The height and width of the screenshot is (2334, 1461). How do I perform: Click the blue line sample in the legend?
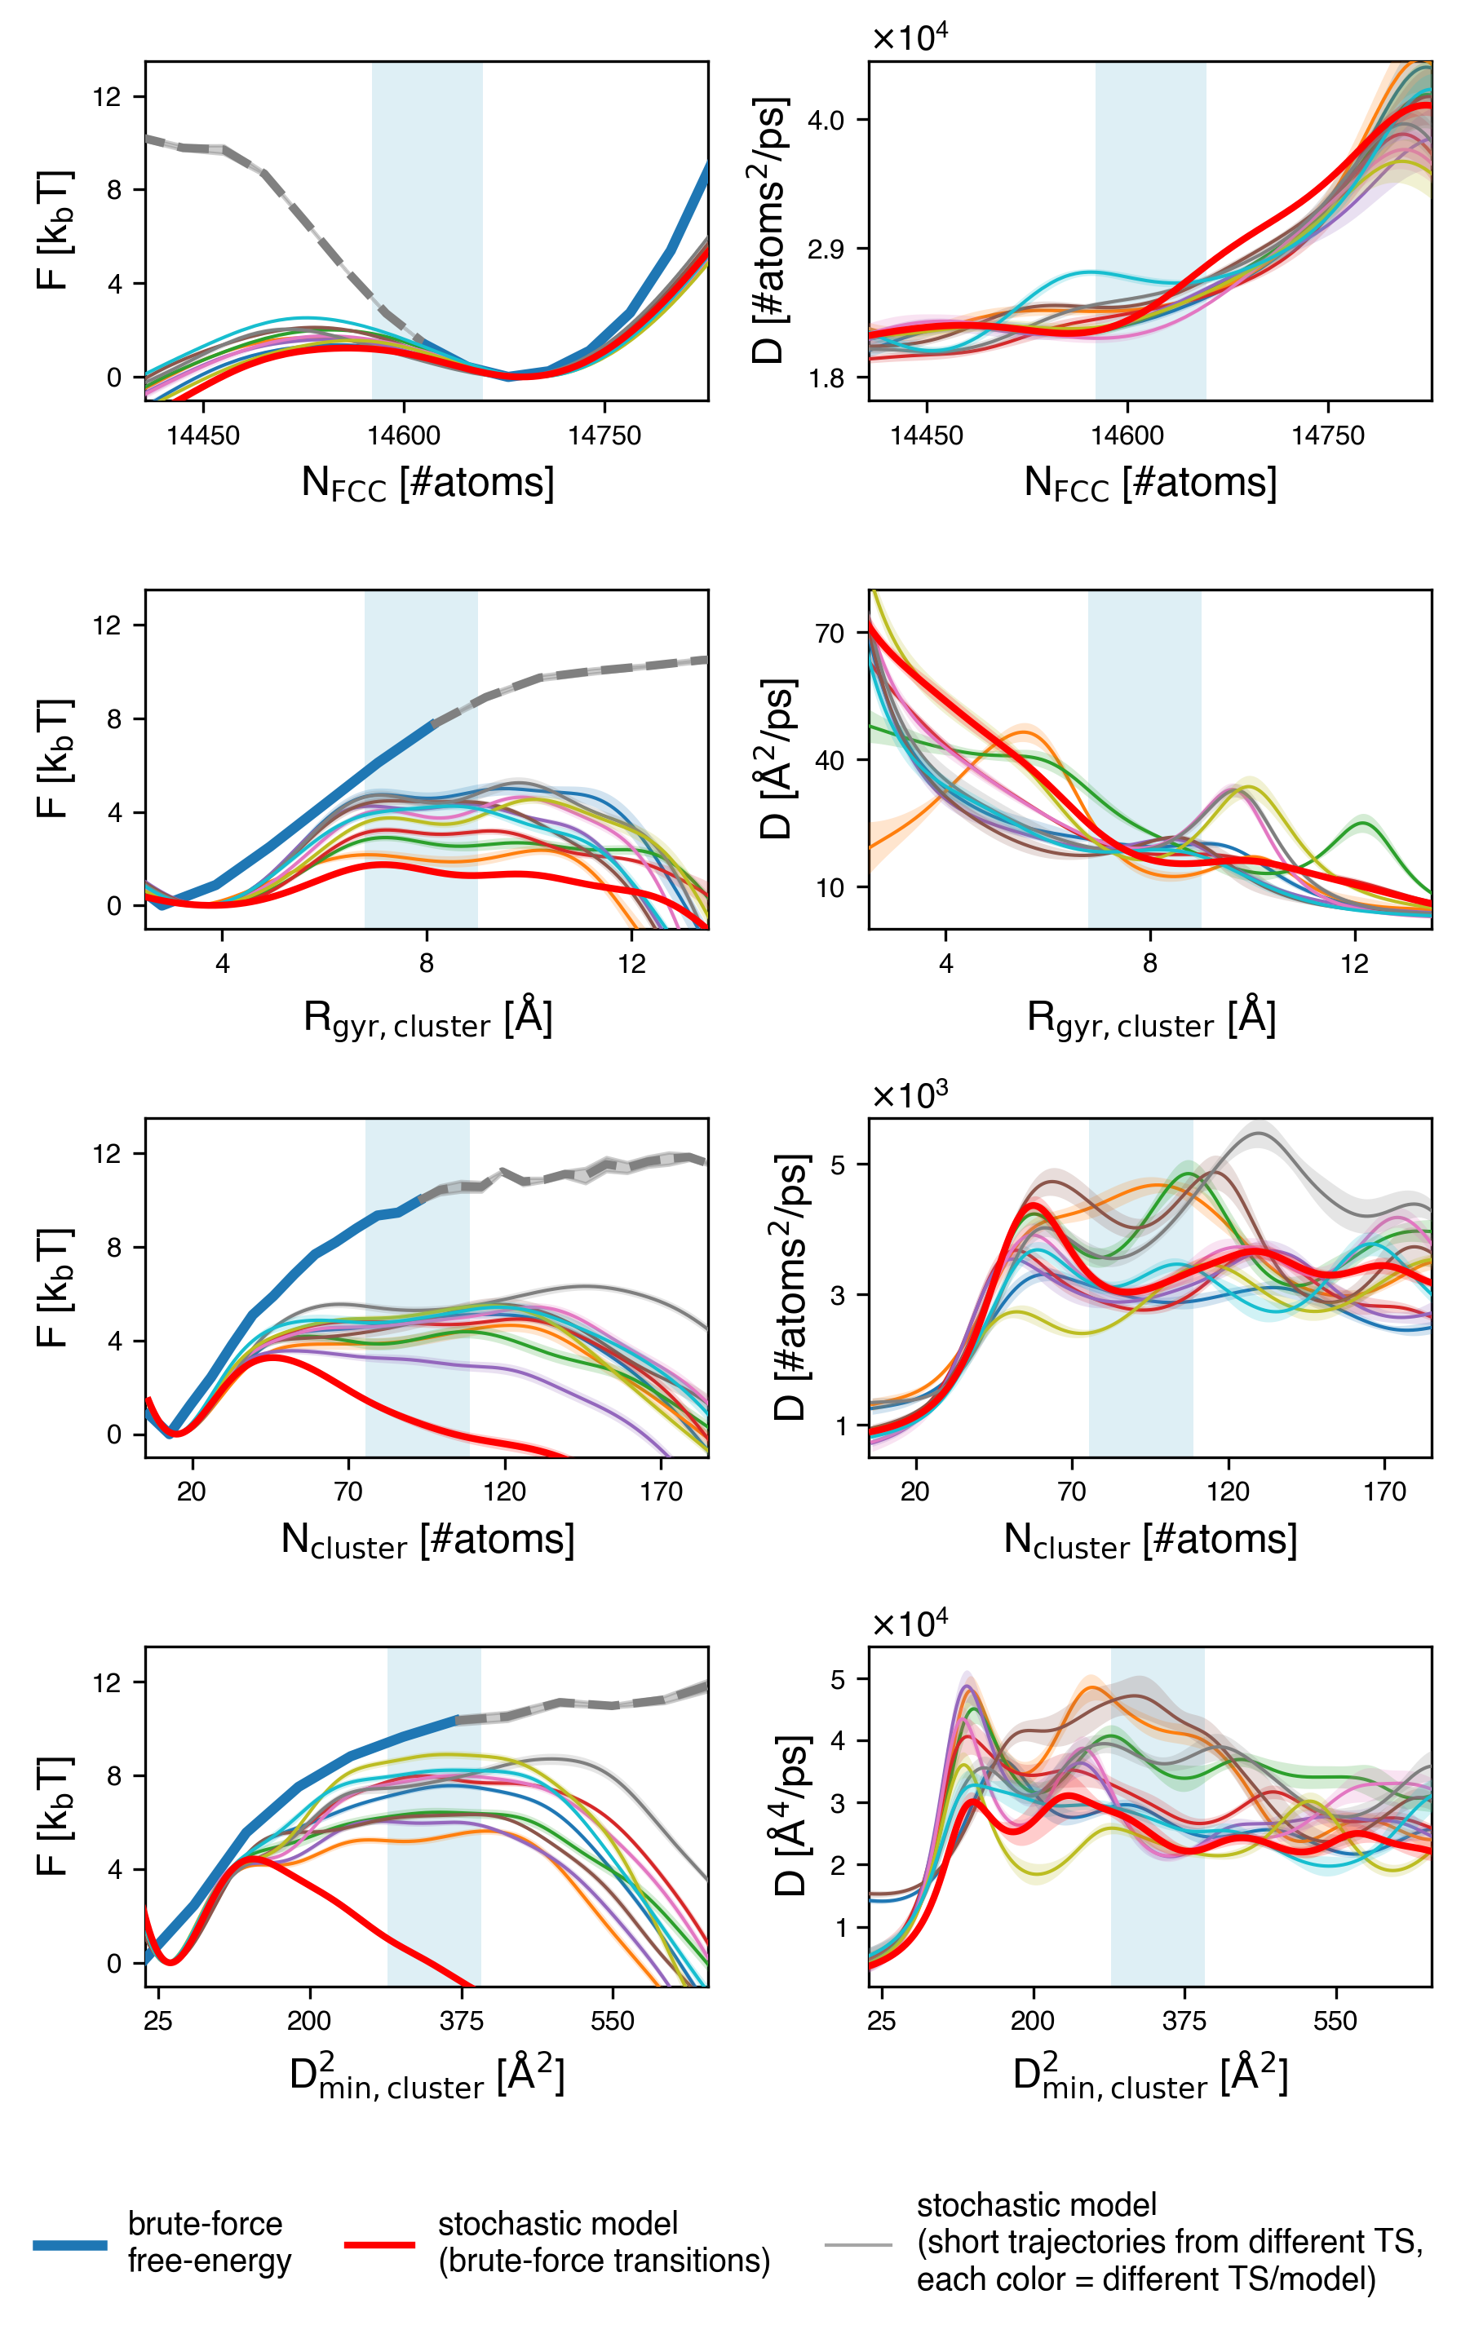point(69,2244)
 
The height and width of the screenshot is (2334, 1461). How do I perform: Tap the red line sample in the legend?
point(380,2244)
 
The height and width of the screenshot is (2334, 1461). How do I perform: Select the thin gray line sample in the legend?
point(858,2244)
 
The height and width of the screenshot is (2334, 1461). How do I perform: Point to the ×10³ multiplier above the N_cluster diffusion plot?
point(910,1094)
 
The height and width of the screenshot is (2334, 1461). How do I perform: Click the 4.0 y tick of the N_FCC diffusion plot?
point(826,120)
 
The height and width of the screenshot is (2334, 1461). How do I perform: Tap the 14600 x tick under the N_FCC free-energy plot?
point(404,435)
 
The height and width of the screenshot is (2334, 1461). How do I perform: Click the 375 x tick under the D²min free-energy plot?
point(461,2021)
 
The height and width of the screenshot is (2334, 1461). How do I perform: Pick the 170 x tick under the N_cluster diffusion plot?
point(1384,1492)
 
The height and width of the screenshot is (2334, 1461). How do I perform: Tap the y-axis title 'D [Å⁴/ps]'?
point(790,1816)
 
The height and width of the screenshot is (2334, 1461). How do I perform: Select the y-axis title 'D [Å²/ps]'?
point(775,759)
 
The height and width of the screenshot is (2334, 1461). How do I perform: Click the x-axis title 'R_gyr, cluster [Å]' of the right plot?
point(1151,1019)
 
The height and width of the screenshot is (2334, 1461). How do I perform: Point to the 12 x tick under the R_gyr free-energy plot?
point(632,964)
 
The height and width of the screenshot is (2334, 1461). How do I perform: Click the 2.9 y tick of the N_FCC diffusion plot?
point(826,250)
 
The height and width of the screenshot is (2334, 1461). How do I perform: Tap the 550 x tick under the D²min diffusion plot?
point(1335,2021)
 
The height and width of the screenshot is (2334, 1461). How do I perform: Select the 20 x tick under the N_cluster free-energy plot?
point(192,1492)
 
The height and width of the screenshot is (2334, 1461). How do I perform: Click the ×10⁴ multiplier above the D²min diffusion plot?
point(910,1624)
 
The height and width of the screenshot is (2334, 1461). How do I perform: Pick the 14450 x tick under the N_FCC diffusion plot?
point(927,435)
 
